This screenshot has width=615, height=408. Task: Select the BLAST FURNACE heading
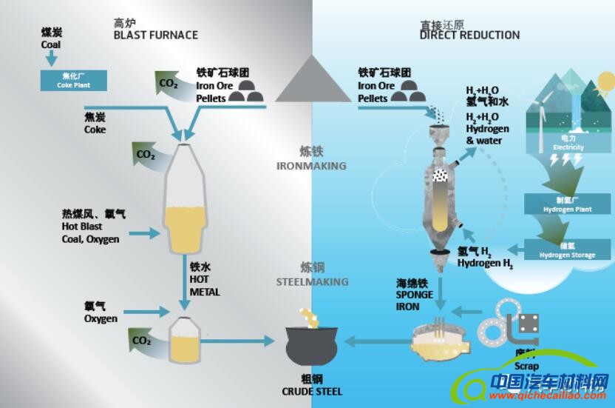click(155, 35)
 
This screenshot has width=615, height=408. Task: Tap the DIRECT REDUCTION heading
click(469, 35)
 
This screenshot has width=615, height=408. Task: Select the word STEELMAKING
click(312, 281)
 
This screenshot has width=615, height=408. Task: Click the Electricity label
click(568, 147)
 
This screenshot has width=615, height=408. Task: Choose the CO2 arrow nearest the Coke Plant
click(169, 82)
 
